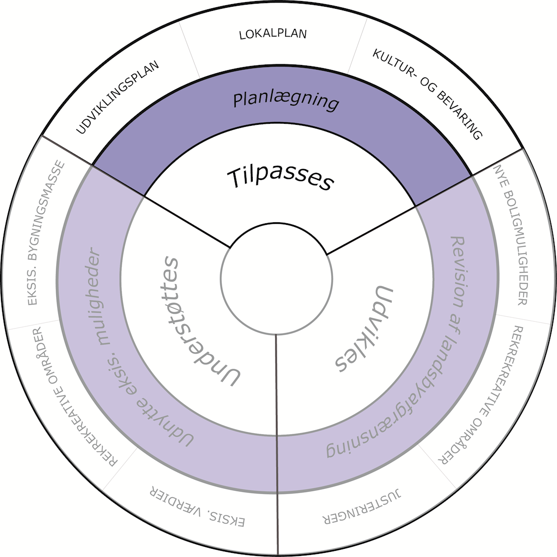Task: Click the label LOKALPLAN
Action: [273, 35]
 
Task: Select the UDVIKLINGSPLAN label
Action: [118, 97]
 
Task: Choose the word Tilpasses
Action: [281, 178]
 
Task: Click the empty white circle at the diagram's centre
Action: [277, 278]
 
